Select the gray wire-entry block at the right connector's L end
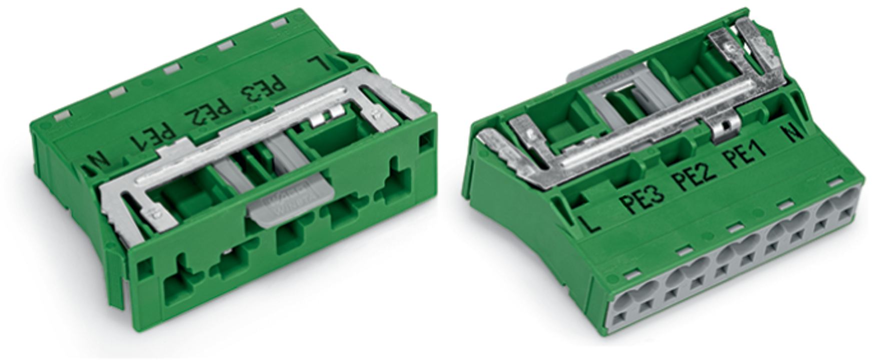tap(632, 305)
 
